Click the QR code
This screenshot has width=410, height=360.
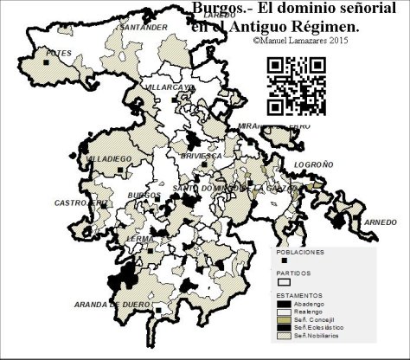[296, 85]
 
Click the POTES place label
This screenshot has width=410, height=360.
[35, 54]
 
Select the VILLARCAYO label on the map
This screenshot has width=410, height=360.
[170, 88]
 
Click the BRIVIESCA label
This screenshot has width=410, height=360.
[202, 155]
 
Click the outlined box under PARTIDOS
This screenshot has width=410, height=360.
[283, 281]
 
